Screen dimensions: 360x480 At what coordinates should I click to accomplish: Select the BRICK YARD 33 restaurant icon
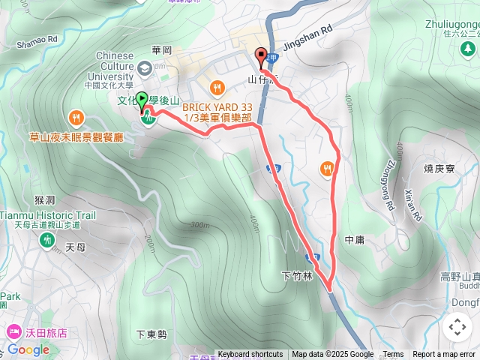[217, 86]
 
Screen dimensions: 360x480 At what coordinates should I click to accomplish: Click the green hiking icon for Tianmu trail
[46, 239]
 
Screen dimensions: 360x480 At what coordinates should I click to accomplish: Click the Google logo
[28, 349]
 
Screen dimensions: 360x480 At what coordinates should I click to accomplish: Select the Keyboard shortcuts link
[250, 355]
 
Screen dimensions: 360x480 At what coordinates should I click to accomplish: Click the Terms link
[393, 355]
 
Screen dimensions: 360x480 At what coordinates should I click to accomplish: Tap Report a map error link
[444, 355]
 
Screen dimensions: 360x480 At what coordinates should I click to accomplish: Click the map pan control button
[457, 327]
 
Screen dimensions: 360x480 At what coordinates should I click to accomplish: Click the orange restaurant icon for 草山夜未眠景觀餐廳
[76, 118]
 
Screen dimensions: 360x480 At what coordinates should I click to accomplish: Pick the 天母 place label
[76, 247]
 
